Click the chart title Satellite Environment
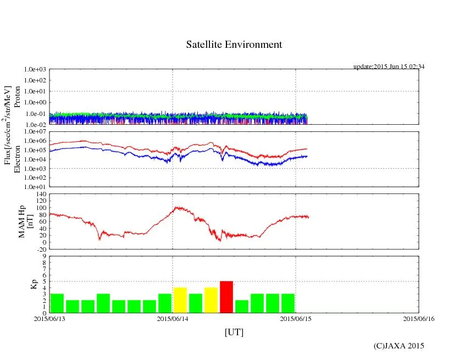pos(234,45)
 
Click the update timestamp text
pos(389,67)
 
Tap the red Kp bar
pos(226,297)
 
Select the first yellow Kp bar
pos(180,300)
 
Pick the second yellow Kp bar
pos(211,300)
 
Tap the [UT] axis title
pos(234,333)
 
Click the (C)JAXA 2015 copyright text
pos(398,346)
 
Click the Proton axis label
pos(17,97)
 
